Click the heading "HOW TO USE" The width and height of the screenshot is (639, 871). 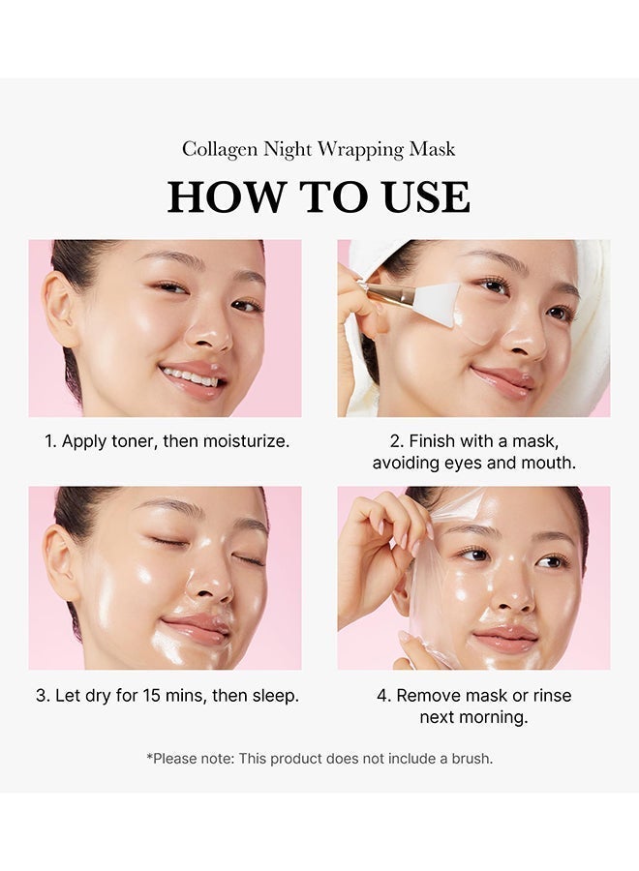pyautogui.click(x=319, y=196)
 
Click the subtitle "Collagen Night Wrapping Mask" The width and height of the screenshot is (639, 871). pyautogui.click(x=319, y=149)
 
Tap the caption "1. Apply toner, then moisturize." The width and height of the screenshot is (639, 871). pyautogui.click(x=167, y=441)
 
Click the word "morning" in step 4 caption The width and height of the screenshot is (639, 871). pyautogui.click(x=493, y=717)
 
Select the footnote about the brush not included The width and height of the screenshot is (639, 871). pyautogui.click(x=319, y=759)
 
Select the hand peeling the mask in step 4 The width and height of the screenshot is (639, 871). pyautogui.click(x=382, y=552)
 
